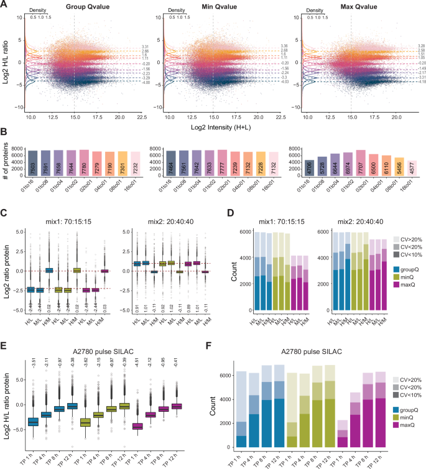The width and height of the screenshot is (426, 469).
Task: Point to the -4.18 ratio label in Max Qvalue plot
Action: pyautogui.click(x=417, y=81)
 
